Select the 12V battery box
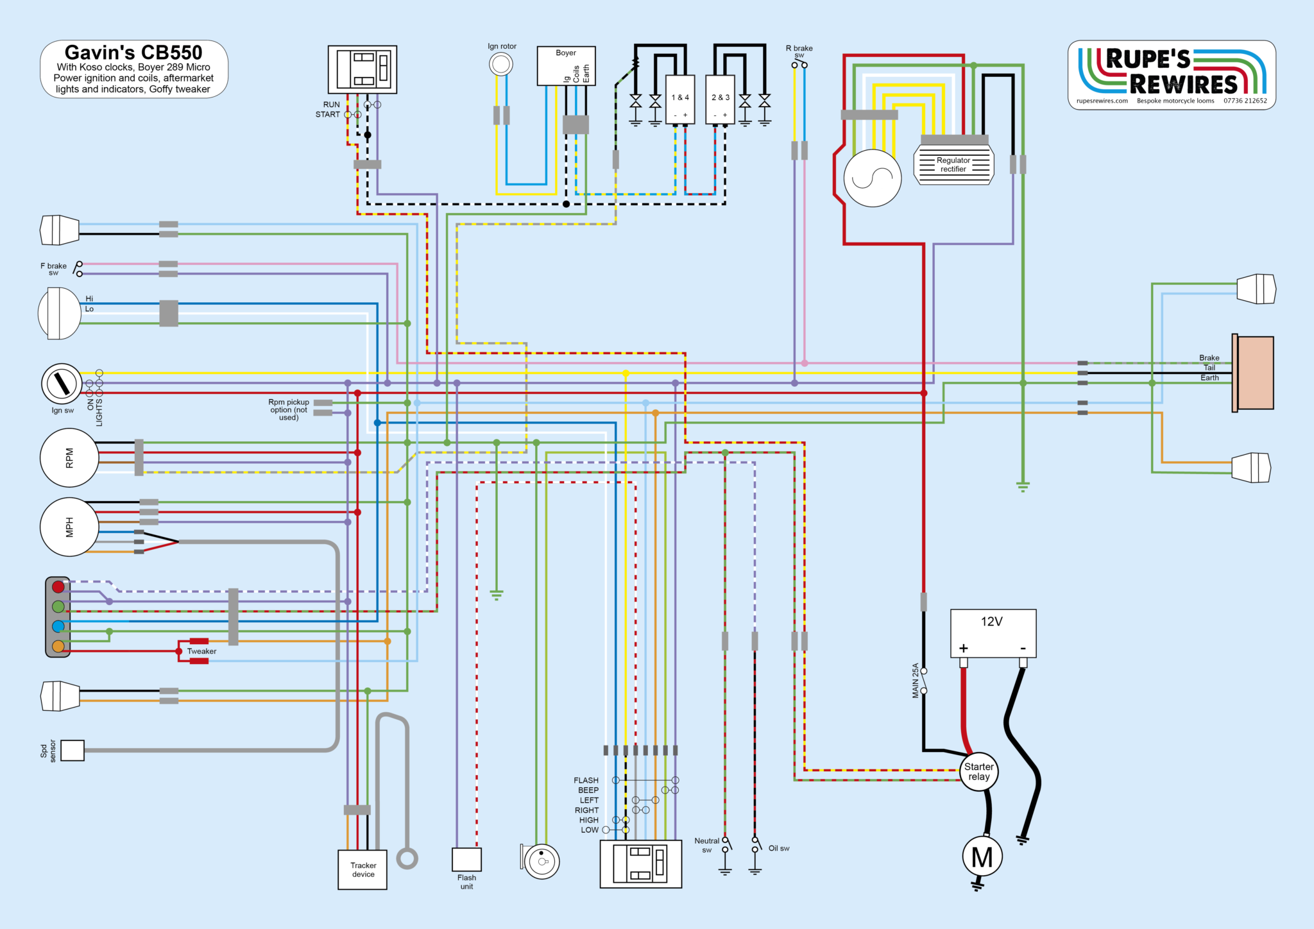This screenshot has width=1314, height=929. pyautogui.click(x=993, y=633)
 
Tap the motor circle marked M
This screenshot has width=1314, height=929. pyautogui.click(x=982, y=857)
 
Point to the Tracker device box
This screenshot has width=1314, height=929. pyautogui.click(x=363, y=870)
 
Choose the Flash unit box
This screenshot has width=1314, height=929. pyautogui.click(x=466, y=860)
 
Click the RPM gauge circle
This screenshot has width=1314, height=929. pyautogui.click(x=69, y=458)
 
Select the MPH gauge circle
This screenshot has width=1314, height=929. pyautogui.click(x=69, y=527)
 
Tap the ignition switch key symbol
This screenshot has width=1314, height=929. pyautogui.click(x=62, y=384)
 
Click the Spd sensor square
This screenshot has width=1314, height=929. pyautogui.click(x=73, y=750)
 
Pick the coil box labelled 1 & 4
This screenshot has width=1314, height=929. pyautogui.click(x=680, y=99)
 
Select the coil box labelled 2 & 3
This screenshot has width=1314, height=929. pyautogui.click(x=720, y=99)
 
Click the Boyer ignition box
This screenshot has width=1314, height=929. pyautogui.click(x=566, y=65)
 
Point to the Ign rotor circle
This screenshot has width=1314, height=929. pyautogui.click(x=501, y=64)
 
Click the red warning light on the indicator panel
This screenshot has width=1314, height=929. pyautogui.click(x=58, y=586)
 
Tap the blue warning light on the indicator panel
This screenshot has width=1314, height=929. pyautogui.click(x=58, y=626)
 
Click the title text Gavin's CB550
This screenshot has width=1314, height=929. pyautogui.click(x=133, y=53)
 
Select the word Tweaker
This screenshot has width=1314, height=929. pyautogui.click(x=201, y=651)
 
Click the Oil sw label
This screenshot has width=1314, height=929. pyautogui.click(x=779, y=848)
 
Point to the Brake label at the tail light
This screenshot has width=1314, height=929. pyautogui.click(x=1209, y=358)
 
